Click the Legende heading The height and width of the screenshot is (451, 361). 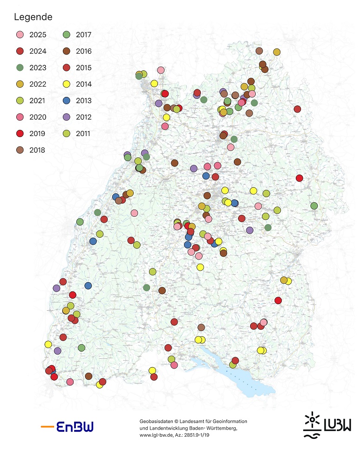[x=33, y=17]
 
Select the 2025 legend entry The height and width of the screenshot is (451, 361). [x=38, y=34]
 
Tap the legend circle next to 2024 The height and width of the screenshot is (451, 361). [x=20, y=51]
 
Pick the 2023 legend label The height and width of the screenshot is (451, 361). [x=38, y=68]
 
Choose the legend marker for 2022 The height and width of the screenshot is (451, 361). [x=20, y=84]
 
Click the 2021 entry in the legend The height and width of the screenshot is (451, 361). [x=38, y=101]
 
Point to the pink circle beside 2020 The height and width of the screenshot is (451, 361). [x=20, y=117]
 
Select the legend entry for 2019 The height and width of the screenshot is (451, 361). [x=38, y=134]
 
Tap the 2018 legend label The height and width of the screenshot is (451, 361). [x=38, y=150]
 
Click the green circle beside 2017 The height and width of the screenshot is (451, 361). [x=67, y=34]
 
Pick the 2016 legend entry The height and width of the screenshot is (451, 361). [x=84, y=51]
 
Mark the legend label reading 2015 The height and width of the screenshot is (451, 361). [x=84, y=68]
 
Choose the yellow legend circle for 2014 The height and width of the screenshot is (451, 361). [x=67, y=84]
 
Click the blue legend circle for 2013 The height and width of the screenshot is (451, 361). [x=67, y=101]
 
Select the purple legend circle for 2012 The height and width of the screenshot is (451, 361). [x=67, y=117]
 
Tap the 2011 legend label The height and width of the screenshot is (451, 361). [x=84, y=134]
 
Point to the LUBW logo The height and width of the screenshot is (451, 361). [x=326, y=425]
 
